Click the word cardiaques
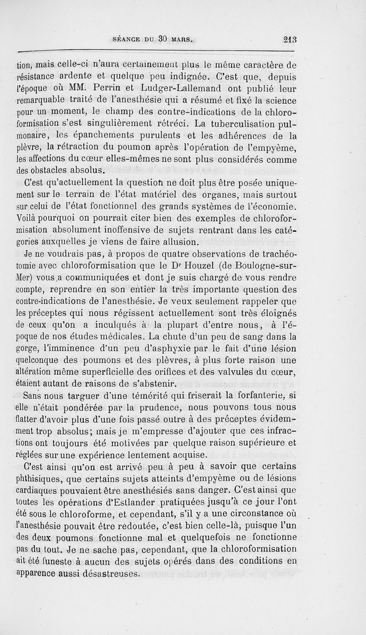[x=38, y=490]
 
